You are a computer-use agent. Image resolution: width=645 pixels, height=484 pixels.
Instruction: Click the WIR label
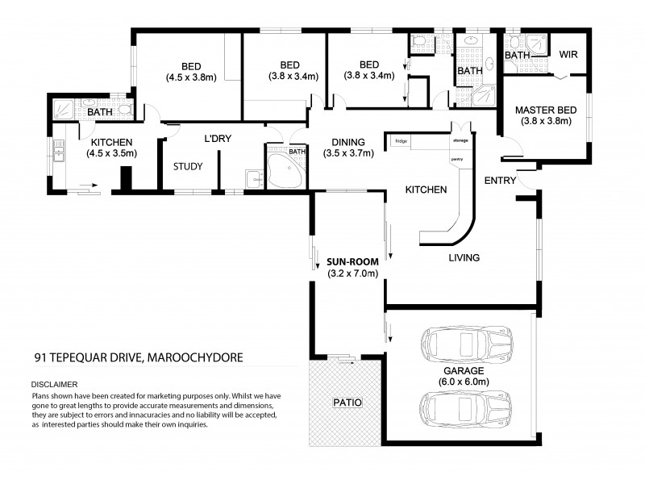click(569, 55)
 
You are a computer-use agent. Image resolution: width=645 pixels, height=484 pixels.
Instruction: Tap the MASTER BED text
click(543, 111)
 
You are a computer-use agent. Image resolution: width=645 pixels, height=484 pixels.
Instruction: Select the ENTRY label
click(500, 181)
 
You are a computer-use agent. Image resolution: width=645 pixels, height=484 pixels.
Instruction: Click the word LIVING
click(464, 258)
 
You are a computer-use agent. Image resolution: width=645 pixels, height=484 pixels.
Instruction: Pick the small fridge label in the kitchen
click(401, 141)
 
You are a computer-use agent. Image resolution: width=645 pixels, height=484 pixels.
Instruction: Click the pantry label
click(457, 159)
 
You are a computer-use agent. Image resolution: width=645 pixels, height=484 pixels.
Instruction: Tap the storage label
click(460, 141)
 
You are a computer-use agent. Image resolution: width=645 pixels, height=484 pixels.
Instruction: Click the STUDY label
click(188, 167)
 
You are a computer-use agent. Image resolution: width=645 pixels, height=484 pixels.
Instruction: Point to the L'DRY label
click(218, 139)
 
